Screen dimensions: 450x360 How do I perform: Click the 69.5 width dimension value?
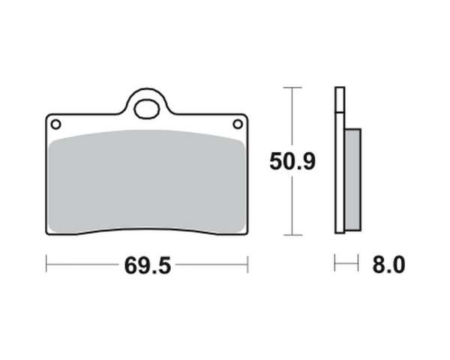tap(148, 265)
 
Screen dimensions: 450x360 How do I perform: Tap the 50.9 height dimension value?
tap(292, 161)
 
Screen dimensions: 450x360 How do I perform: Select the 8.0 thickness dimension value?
tap(388, 265)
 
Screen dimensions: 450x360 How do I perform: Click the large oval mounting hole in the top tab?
tap(147, 109)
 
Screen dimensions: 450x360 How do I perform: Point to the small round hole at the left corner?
tap(55, 124)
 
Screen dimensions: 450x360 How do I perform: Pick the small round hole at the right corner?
tap(238, 124)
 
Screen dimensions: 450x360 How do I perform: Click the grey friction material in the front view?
tap(147, 181)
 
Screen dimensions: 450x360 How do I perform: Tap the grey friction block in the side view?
tap(352, 180)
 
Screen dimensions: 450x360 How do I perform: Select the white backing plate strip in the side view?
tap(340, 160)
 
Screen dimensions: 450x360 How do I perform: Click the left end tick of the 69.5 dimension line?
tap(46, 263)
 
